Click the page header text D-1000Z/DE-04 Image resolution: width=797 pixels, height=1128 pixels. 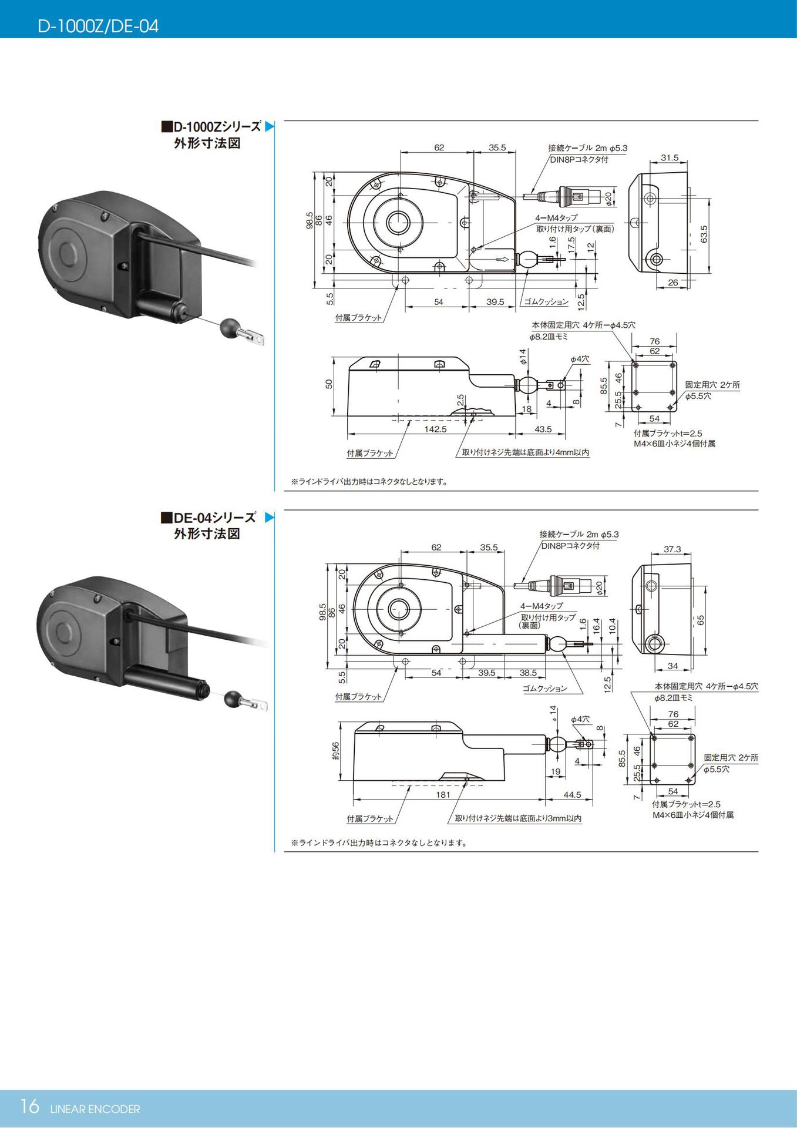coord(98,26)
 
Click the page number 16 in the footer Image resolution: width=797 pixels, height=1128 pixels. coord(29,1106)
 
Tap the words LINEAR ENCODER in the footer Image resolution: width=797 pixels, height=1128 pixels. coord(95,1109)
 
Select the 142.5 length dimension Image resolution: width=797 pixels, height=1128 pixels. coord(435,429)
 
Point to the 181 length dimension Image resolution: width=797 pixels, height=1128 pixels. coord(443,794)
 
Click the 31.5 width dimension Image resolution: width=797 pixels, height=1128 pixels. coord(669,157)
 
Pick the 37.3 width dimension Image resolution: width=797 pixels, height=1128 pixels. coord(672,549)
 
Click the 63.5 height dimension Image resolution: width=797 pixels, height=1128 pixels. coord(704,233)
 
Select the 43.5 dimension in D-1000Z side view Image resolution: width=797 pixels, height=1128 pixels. coord(543,429)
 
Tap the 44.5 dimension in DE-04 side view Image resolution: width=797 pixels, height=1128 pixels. coord(571,794)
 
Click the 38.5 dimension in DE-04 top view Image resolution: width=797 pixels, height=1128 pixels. coord(528,673)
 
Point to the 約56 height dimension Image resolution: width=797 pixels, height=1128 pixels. coord(335,750)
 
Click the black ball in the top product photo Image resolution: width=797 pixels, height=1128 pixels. coord(230,327)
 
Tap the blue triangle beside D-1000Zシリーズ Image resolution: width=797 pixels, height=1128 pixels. coord(270,126)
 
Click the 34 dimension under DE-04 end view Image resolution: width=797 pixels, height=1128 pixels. coord(672,666)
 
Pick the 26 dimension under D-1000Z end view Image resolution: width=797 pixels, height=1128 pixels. coord(672,283)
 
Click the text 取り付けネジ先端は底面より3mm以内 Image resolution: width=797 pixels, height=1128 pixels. coord(518,818)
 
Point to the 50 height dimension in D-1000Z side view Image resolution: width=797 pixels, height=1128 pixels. coord(329,384)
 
